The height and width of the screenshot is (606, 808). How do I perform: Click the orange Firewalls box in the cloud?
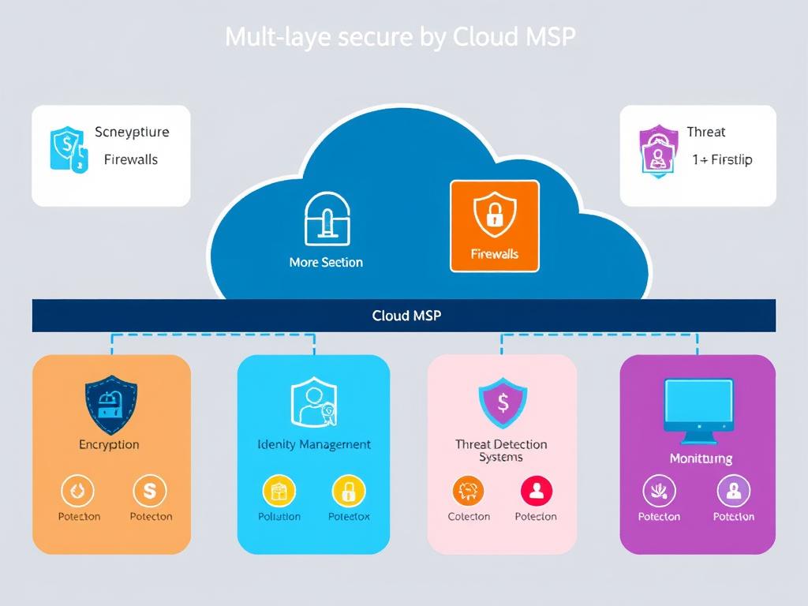coord(494,226)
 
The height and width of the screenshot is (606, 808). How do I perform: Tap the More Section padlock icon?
coord(326,219)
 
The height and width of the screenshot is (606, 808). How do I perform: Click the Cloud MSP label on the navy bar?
coord(406,316)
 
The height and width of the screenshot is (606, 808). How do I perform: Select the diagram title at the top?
coord(400,37)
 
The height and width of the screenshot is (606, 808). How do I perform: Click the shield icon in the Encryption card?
coord(110,405)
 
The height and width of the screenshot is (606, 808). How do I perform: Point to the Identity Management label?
coord(314,444)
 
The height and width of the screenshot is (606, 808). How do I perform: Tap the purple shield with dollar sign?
coord(503,402)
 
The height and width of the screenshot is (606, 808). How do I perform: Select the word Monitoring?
coord(701,458)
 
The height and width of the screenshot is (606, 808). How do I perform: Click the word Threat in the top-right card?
coord(705,132)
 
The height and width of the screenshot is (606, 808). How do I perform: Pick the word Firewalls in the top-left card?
coord(131,159)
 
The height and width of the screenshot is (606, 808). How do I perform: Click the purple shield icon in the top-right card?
coord(657,150)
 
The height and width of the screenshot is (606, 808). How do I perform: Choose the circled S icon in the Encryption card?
coord(149,492)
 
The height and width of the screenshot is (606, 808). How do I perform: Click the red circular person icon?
coord(537,492)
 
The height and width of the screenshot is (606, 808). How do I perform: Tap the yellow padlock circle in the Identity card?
coord(348,492)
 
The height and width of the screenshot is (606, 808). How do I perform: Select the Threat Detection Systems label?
coord(501,451)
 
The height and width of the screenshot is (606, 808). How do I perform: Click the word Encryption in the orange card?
coord(109,444)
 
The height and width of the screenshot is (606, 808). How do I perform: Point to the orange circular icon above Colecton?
coord(469,492)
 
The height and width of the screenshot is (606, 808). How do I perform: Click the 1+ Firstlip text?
coord(722,159)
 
